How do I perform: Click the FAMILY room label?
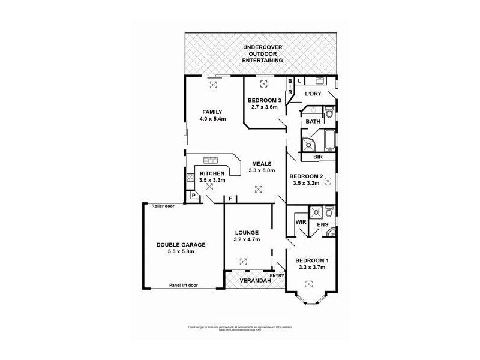(212, 112)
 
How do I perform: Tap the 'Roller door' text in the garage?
(163, 206)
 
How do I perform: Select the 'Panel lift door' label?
(184, 285)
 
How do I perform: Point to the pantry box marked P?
(194, 195)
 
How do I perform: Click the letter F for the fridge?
(230, 199)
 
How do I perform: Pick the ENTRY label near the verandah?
(277, 275)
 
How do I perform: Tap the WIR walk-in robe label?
(301, 221)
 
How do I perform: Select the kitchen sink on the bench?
(211, 160)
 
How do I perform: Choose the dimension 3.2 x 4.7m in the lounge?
(247, 240)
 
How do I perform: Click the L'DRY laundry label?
(313, 94)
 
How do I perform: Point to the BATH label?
(313, 122)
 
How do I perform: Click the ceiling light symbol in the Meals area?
(259, 190)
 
